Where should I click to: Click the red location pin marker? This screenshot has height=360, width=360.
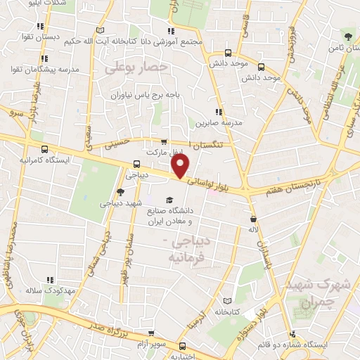(x=181, y=166)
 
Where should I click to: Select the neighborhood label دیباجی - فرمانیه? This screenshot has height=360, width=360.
(x=190, y=250)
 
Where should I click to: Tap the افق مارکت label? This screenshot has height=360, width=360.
(x=164, y=152)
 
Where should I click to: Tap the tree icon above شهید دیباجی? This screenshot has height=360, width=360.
(x=121, y=191)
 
